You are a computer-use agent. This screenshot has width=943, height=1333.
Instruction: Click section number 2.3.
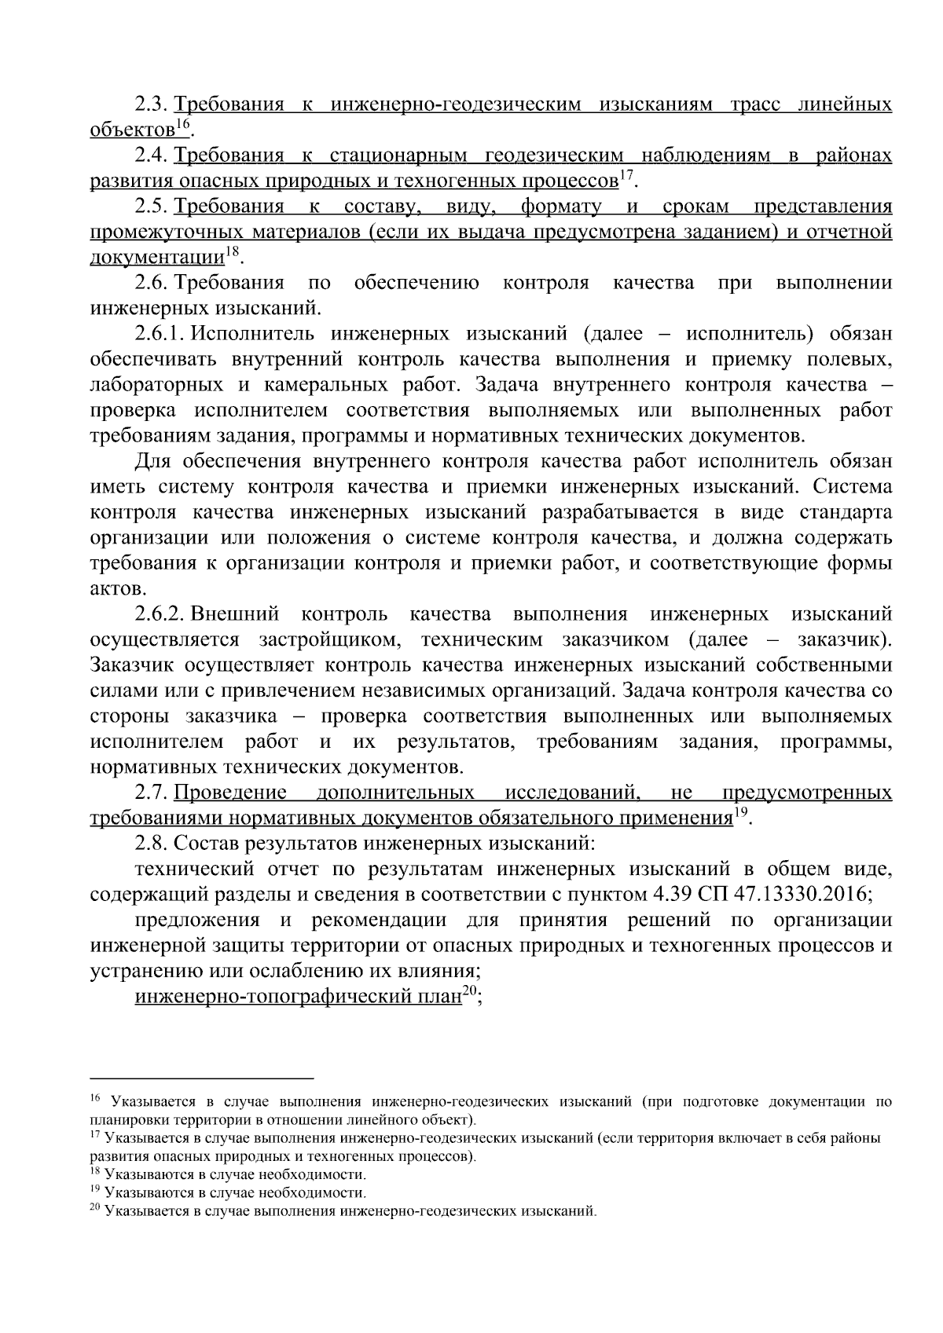pyautogui.click(x=152, y=104)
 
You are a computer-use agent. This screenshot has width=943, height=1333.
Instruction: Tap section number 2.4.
pyautogui.click(x=152, y=156)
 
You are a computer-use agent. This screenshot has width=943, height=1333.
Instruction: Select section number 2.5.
pyautogui.click(x=152, y=207)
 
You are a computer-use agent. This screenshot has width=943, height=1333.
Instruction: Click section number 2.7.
pyautogui.click(x=152, y=793)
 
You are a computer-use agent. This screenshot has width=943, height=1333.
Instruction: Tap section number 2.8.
pyautogui.click(x=152, y=844)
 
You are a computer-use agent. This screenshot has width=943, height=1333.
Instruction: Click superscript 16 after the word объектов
pyautogui.click(x=181, y=124)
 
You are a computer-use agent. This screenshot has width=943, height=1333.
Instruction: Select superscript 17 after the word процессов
pyautogui.click(x=626, y=175)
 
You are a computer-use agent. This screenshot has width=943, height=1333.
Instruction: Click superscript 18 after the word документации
pyautogui.click(x=233, y=251)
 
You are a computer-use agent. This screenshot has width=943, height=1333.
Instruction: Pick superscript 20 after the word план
pyautogui.click(x=468, y=991)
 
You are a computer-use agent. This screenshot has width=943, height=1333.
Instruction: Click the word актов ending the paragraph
pyautogui.click(x=116, y=588)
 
